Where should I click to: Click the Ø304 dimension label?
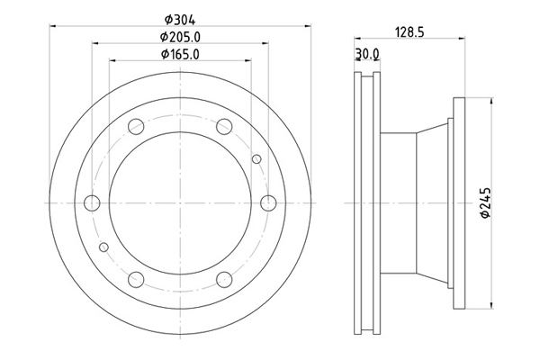point(180,20)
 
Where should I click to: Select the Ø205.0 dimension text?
point(180,37)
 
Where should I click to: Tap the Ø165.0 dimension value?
point(180,54)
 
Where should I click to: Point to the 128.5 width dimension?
point(409,32)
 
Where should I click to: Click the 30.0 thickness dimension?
point(367,54)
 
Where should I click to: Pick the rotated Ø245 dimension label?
point(485,203)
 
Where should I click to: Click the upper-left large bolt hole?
point(136,126)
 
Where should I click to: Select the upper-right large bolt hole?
point(224,126)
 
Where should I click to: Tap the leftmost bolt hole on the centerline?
point(92,202)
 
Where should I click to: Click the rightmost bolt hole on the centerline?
point(268,202)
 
